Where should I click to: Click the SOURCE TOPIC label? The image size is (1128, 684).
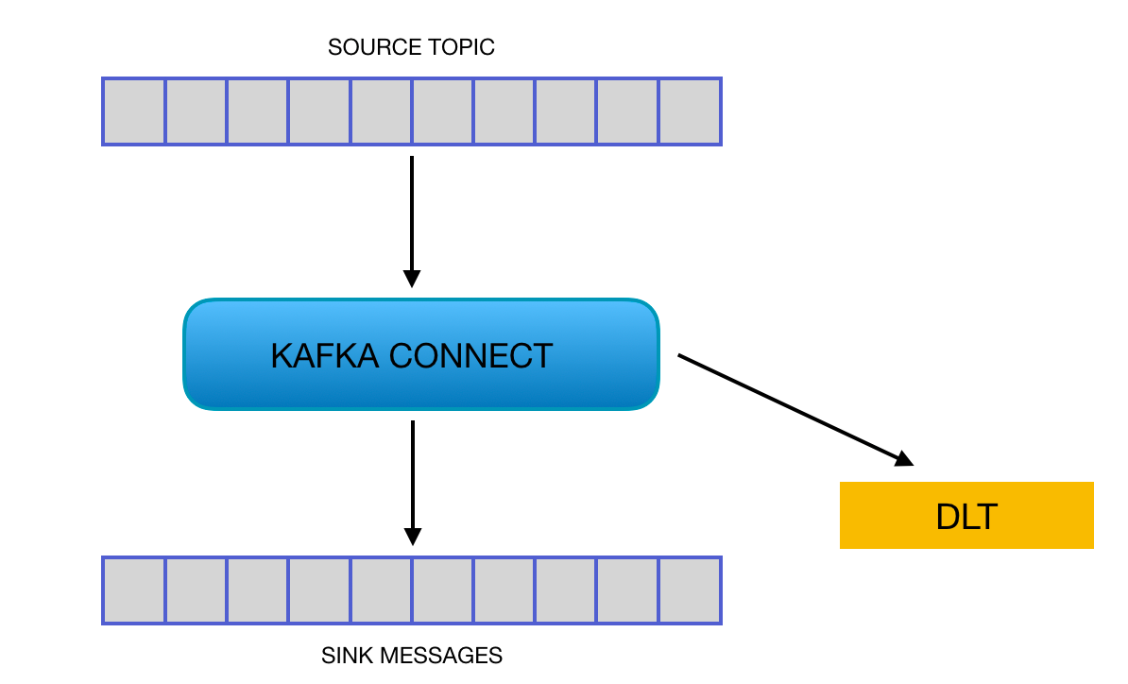coord(411,47)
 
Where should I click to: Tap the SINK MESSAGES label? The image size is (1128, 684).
coord(411,656)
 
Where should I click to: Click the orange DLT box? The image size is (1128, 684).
coord(966,516)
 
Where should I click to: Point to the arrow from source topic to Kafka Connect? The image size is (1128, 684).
coord(411,217)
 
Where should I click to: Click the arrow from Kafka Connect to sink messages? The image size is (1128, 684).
coord(412,477)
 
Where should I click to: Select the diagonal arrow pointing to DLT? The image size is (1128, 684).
coord(794,408)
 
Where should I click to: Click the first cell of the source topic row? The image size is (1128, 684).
coord(134,111)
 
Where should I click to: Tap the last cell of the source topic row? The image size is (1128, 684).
coord(690,111)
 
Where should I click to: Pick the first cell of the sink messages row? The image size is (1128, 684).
coord(134,590)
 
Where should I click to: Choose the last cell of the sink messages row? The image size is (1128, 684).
coord(690,590)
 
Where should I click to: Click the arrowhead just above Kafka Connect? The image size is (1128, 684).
coord(411,278)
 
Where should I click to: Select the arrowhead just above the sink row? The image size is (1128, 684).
coord(412,536)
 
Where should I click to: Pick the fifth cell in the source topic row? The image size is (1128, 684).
coord(381,111)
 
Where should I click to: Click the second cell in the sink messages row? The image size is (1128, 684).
coord(196,590)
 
